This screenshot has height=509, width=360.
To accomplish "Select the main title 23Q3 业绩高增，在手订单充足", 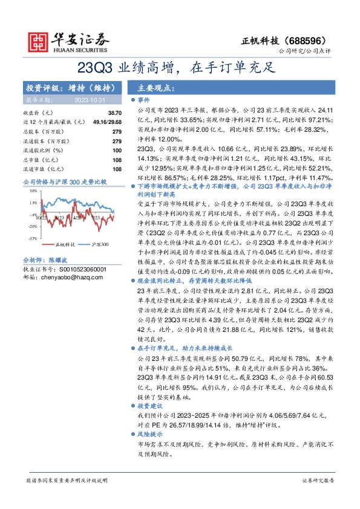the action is (x=179, y=68).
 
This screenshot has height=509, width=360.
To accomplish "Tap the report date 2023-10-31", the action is (x=90, y=99).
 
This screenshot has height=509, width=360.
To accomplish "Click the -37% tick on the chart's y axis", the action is (x=32, y=239).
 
